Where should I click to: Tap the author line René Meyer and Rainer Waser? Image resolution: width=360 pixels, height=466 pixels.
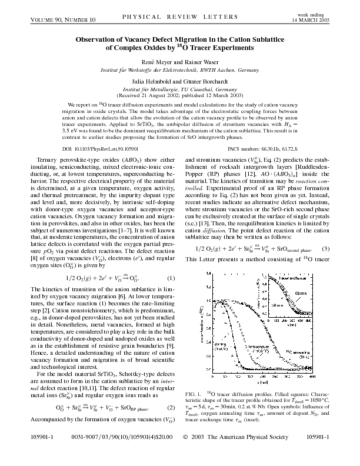[x=180, y=62]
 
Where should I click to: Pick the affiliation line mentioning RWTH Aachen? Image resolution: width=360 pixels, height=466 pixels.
[x=180, y=69]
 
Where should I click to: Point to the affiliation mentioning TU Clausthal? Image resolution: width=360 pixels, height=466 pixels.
[x=180, y=88]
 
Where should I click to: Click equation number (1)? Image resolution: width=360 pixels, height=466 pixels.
[x=171, y=228]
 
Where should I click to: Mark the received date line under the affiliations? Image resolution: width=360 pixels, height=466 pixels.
[x=180, y=94]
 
